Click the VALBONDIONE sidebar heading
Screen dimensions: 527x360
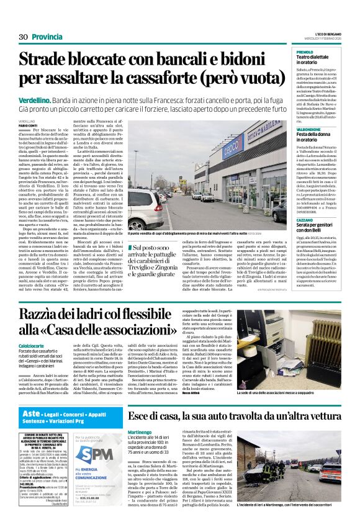(309, 130)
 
